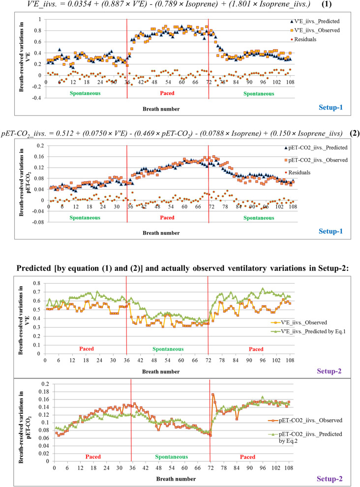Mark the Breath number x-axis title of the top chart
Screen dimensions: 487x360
pos(168,108)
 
